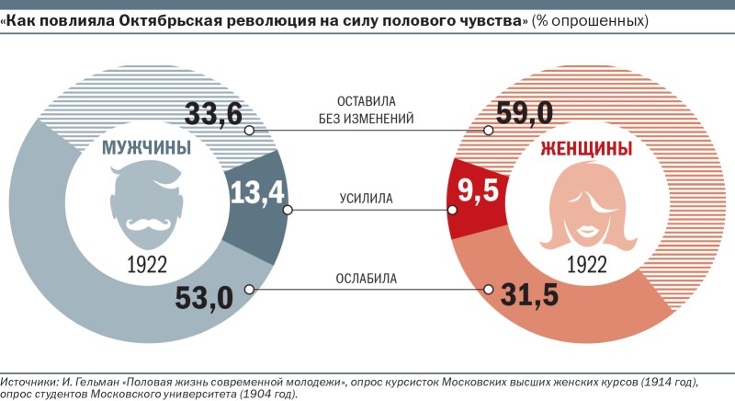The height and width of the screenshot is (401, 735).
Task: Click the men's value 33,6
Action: [214, 114]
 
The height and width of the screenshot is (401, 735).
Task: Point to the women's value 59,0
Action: [524, 114]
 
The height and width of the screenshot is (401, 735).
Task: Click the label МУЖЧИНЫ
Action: [146, 150]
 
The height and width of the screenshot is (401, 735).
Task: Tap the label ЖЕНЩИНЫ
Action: [586, 150]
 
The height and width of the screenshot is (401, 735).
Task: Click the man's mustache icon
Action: [147, 223]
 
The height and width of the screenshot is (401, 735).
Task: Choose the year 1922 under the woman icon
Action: [585, 264]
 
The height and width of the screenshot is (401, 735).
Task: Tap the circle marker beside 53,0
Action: [249, 289]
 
